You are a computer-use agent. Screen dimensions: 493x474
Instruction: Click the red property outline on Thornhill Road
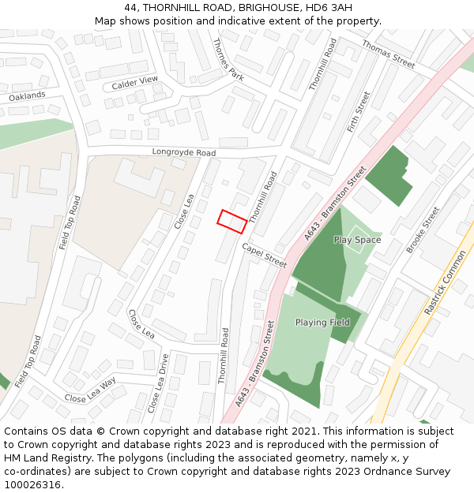coord(232,221)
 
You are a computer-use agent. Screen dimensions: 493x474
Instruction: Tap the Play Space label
coord(357,240)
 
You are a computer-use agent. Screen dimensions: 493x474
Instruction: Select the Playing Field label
coord(322,323)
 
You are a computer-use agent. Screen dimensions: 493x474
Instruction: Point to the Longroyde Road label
coord(184,152)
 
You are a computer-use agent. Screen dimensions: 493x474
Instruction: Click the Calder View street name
coord(135,82)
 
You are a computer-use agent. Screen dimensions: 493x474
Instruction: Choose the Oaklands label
coord(28,96)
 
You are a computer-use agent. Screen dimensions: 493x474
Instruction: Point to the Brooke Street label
coord(423,230)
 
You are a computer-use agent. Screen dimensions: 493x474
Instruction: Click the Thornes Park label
coord(228,58)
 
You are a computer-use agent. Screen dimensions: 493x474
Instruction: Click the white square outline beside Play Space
coord(357,240)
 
